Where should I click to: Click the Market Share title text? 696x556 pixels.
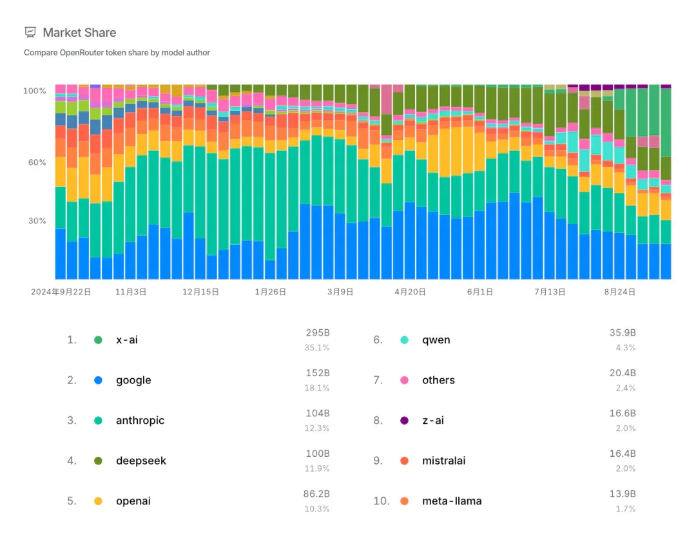pyautogui.click(x=79, y=32)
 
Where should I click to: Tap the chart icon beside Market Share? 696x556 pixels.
pyautogui.click(x=30, y=32)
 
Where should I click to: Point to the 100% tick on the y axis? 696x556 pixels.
pyautogui.click(x=35, y=91)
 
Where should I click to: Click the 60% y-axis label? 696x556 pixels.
pyautogui.click(x=37, y=162)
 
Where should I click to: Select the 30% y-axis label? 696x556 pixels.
pyautogui.click(x=37, y=221)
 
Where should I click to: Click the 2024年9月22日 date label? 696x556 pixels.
pyautogui.click(x=61, y=292)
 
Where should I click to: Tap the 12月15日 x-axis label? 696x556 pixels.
pyautogui.click(x=200, y=292)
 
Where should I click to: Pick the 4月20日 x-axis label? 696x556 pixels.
pyautogui.click(x=410, y=292)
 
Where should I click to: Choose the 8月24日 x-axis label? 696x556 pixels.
pyautogui.click(x=620, y=292)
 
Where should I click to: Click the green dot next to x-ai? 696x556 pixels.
pyautogui.click(x=98, y=340)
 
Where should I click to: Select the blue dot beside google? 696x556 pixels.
pyautogui.click(x=98, y=380)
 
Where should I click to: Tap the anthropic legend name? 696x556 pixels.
pyautogui.click(x=140, y=421)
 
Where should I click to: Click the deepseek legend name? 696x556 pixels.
pyautogui.click(x=141, y=461)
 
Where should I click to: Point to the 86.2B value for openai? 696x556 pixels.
pyautogui.click(x=316, y=494)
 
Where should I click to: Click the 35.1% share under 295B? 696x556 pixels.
pyautogui.click(x=317, y=347)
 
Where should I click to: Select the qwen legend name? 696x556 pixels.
pyautogui.click(x=436, y=340)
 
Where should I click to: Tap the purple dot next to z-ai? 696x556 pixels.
pyautogui.click(x=404, y=421)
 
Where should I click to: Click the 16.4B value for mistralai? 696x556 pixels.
pyautogui.click(x=623, y=454)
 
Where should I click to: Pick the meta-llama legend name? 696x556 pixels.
pyautogui.click(x=452, y=501)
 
